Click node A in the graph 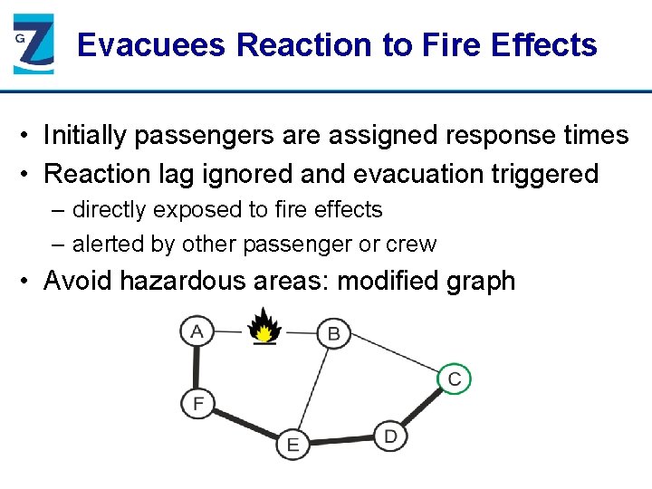(197, 331)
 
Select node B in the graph (333, 333)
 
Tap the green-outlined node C (455, 379)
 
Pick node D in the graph (389, 436)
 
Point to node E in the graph (292, 444)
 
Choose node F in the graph (197, 401)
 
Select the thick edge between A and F (197, 367)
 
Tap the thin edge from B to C (394, 356)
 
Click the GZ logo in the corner (34, 43)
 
